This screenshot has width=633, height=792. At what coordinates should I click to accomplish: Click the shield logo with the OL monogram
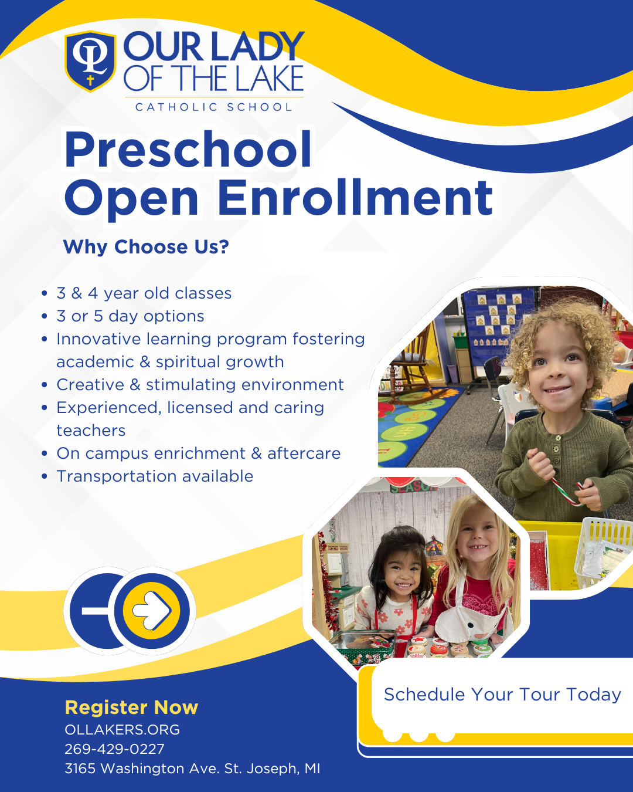coord(90,61)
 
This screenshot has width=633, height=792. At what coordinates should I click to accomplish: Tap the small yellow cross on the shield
coord(90,80)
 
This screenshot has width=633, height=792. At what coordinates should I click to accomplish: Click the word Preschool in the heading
coord(188,150)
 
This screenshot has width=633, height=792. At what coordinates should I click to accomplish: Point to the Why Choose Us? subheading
coord(146,246)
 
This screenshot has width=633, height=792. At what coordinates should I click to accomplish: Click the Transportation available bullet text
coord(155,476)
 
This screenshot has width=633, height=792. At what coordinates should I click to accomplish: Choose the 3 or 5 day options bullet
coord(130,316)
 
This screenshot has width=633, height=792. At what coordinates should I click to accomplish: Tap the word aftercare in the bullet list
coord(304,453)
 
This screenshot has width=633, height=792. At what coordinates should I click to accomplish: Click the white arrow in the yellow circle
coord(152,610)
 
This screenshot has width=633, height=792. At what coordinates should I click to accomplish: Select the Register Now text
coord(131,708)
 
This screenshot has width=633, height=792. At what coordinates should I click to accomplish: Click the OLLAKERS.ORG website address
coord(122,730)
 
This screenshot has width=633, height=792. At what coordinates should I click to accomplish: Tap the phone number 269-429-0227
coord(114,749)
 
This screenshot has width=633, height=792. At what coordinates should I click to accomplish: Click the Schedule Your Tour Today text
coord(502,695)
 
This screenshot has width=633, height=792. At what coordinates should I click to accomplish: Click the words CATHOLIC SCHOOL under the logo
coord(214,107)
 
